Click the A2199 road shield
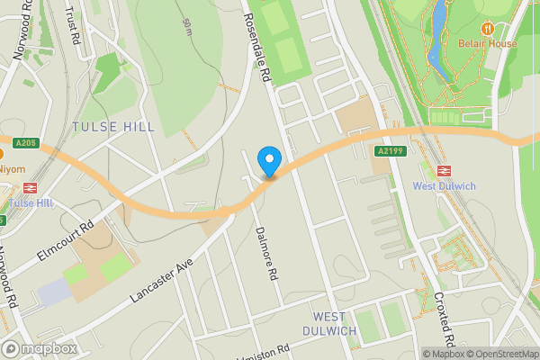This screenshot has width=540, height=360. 390,151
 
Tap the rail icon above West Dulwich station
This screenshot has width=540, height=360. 443,170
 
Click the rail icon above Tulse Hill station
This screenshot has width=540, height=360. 28,188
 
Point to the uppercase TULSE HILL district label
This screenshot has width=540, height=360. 113,127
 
